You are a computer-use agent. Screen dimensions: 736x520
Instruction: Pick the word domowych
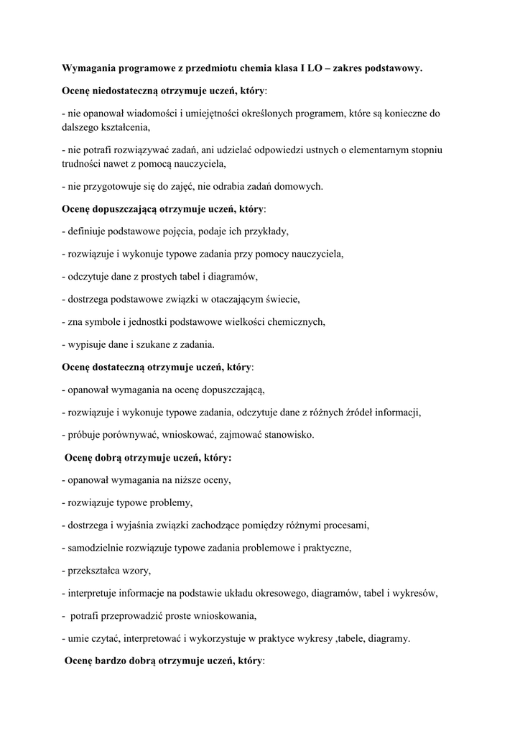coord(298,186)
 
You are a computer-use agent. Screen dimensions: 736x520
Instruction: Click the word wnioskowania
coord(221,615)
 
